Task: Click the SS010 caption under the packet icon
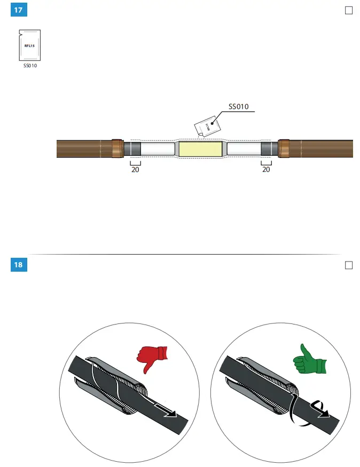click(x=30, y=66)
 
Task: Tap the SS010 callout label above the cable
click(x=239, y=107)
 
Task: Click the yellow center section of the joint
click(x=200, y=149)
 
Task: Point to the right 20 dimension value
click(x=266, y=170)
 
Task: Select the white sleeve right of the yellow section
click(x=244, y=149)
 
